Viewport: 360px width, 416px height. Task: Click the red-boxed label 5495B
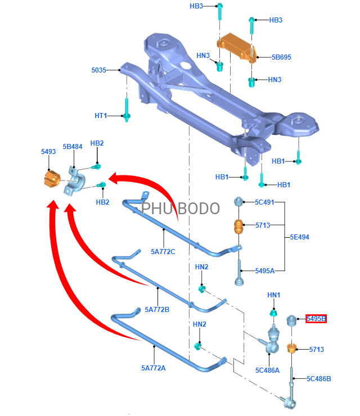coord(316,319)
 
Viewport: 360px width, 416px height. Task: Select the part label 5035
coord(98,70)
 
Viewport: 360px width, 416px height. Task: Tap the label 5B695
coord(281,57)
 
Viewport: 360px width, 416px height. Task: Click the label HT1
coord(101,116)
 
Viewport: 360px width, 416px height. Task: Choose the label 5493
coord(48,152)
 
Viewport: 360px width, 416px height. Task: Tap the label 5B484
coord(73,146)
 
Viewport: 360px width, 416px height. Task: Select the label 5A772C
coord(164,251)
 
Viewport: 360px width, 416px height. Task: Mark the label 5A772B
coord(157,309)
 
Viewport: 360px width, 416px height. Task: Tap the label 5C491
coord(264,202)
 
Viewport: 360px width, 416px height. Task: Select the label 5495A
coord(265,271)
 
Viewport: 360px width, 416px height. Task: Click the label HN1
coord(274,295)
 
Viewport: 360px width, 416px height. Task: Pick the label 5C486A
coord(267,370)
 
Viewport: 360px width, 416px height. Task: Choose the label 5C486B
coord(319,378)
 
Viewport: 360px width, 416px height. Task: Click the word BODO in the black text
coord(199,209)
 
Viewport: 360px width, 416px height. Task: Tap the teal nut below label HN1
coord(274,313)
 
